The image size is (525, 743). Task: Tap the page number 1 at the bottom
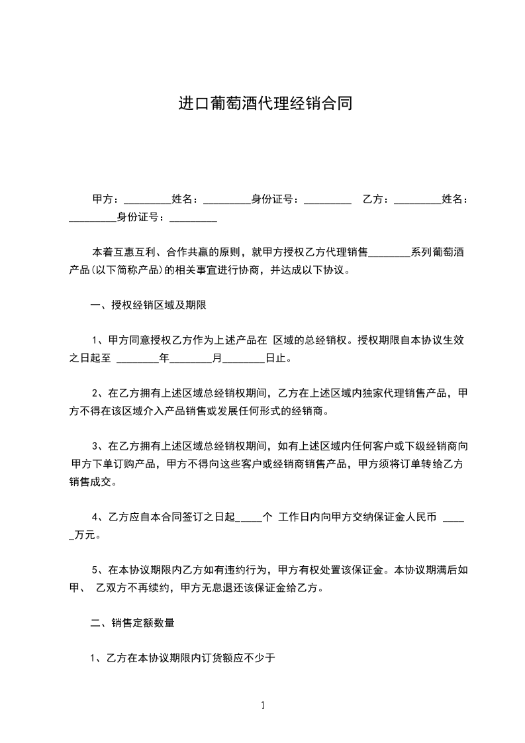263,705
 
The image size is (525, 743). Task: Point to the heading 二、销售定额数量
132,622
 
